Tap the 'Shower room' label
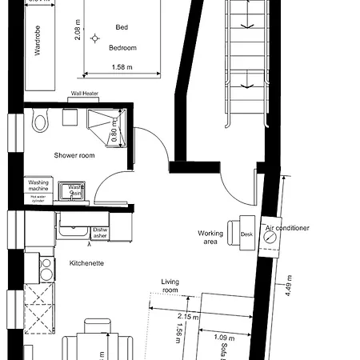pos(74,155)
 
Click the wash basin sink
pos(77,190)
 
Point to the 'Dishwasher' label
pos(100,233)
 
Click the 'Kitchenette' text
pos(86,263)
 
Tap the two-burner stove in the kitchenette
pos(46,269)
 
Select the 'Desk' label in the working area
pos(246,234)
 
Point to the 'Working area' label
pos(210,238)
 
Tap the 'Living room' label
pos(170,286)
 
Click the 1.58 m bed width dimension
pos(122,67)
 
